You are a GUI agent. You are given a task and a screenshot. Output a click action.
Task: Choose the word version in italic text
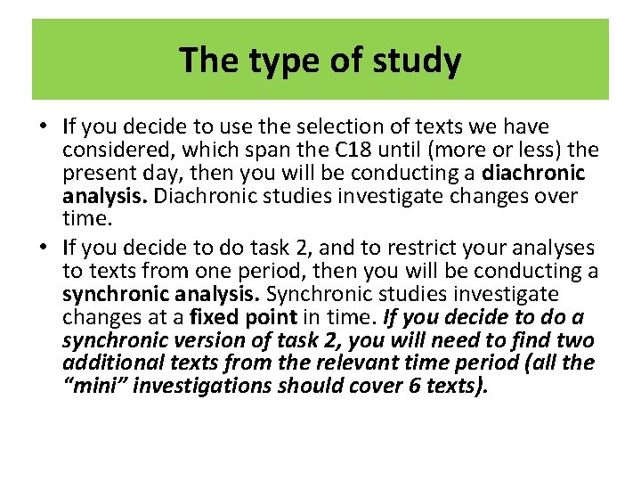pos(202,340)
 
